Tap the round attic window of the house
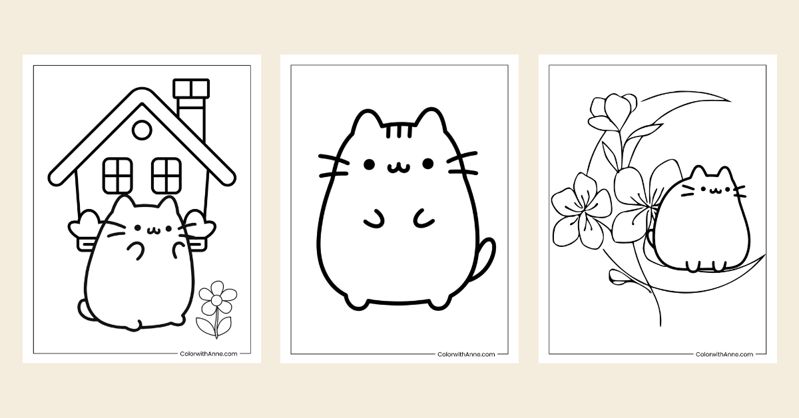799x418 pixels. (141, 130)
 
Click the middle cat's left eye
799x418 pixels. (366, 163)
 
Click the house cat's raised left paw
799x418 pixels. (136, 250)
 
